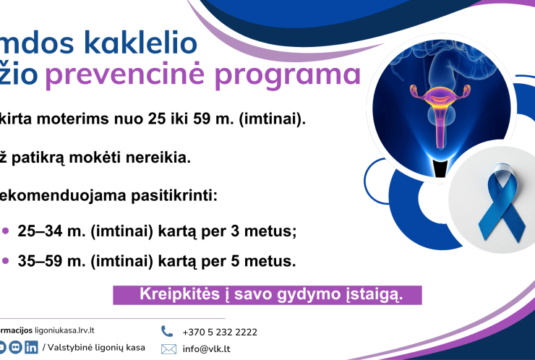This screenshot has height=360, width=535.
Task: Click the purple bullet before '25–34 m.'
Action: (6, 231)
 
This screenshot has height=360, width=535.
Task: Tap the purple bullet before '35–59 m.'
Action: (6, 261)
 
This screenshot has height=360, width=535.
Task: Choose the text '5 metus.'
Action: (272, 261)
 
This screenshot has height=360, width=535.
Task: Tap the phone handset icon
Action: (167, 331)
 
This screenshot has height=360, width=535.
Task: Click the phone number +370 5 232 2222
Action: (220, 333)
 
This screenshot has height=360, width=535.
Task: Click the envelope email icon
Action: (168, 349)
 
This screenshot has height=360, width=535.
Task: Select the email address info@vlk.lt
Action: (207, 349)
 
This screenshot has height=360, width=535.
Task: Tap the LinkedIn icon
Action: (31, 348)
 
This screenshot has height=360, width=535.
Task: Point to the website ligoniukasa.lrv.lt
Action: (59, 330)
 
